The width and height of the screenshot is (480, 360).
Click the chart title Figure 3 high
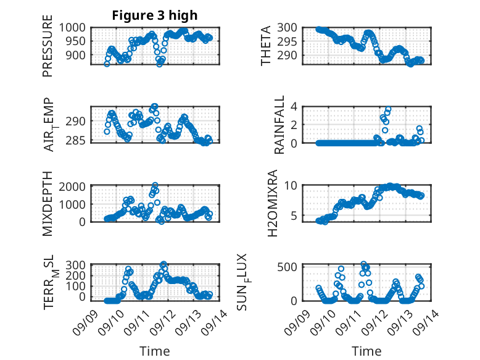[155, 15]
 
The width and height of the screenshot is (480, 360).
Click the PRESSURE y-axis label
[48, 50]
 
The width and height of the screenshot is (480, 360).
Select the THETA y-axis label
[266, 46]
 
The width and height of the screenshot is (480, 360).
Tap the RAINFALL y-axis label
[279, 124]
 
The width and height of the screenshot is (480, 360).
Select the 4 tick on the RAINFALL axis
[295, 106]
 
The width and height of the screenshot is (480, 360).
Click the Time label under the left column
[154, 351]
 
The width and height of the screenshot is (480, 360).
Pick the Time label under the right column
[366, 351]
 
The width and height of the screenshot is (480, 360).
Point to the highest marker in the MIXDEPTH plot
[155, 185]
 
